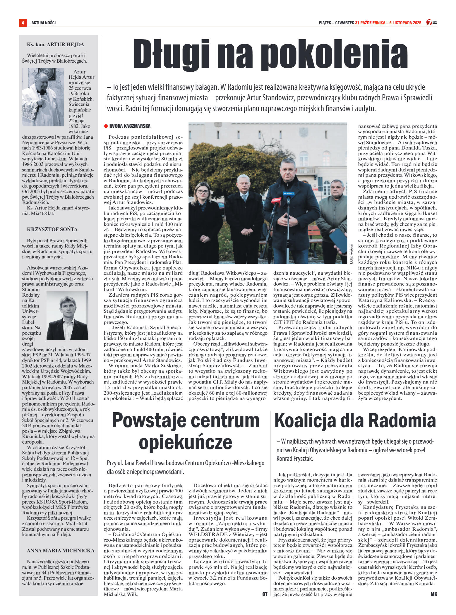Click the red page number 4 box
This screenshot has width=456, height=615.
(23, 23)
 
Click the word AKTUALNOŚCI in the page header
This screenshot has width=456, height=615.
(43, 23)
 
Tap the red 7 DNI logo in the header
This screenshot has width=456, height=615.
(431, 22)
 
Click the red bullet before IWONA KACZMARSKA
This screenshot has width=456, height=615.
(106, 126)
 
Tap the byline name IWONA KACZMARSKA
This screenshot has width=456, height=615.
(130, 126)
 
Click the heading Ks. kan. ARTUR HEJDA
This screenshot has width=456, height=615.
(55, 44)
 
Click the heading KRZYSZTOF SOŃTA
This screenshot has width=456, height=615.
(52, 229)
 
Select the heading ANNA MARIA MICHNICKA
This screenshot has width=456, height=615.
(61, 550)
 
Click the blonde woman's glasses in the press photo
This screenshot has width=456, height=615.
(203, 192)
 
